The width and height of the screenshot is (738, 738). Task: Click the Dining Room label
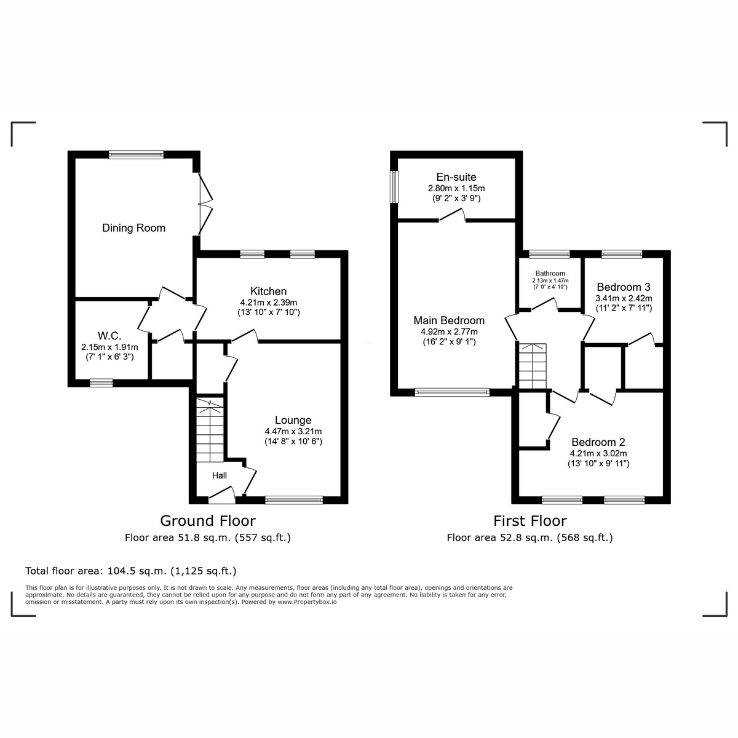pos(133,228)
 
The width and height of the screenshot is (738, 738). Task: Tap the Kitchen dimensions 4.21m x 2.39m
pos(268,303)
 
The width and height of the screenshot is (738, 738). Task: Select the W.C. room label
pos(109,336)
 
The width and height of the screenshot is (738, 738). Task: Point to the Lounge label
pos(293,421)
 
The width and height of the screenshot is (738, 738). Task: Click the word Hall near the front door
pos(220,475)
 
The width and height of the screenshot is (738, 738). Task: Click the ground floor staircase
pos(210,430)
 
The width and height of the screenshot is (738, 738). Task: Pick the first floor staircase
pos(532,367)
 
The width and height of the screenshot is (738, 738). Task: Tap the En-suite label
pos(456,177)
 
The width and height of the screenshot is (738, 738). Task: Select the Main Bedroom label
pos(449,320)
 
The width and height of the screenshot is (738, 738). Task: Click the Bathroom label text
pos(550,274)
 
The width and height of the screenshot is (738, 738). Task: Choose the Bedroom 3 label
pos(623,287)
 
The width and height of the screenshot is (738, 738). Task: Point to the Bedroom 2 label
pos(598,442)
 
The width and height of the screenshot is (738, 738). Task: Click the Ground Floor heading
pos(208,521)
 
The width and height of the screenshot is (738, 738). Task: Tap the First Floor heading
pos(530,521)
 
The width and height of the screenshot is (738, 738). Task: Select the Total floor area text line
pos(131,570)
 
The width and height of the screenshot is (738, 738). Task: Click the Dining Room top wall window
pos(137,155)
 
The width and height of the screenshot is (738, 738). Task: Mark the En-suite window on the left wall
pos(394,186)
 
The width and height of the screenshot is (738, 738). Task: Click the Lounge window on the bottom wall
pos(293,501)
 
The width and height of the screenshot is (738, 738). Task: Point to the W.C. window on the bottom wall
pos(101,383)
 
